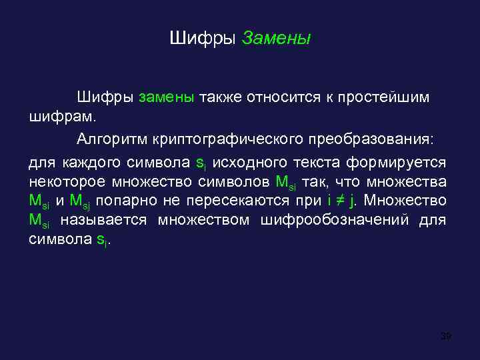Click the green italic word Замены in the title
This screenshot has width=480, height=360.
[x=276, y=39]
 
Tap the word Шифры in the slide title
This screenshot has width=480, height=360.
[x=203, y=39]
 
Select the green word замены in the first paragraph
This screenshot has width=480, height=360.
[x=166, y=98]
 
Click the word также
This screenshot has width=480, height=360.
[x=220, y=98]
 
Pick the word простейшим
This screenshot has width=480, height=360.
[x=383, y=98]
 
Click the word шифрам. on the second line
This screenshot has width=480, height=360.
[x=63, y=117]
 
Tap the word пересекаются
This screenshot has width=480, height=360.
[x=239, y=201]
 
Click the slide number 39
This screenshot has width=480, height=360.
[x=446, y=335]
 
